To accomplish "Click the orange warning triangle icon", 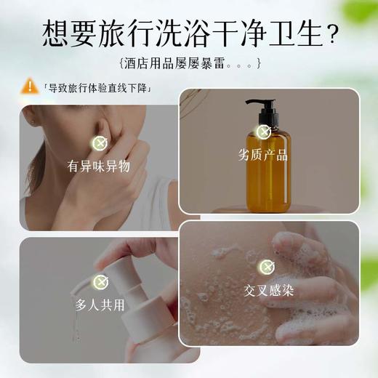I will tap(29, 86).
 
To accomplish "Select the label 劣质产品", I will tap(262, 155).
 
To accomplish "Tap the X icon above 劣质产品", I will tap(264, 132).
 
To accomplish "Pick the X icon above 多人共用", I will tap(100, 281).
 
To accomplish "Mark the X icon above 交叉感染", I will tap(269, 267).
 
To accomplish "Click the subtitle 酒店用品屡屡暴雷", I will tap(188, 63).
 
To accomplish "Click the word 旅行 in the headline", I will tap(122, 33).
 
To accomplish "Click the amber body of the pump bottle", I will tap(267, 174).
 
